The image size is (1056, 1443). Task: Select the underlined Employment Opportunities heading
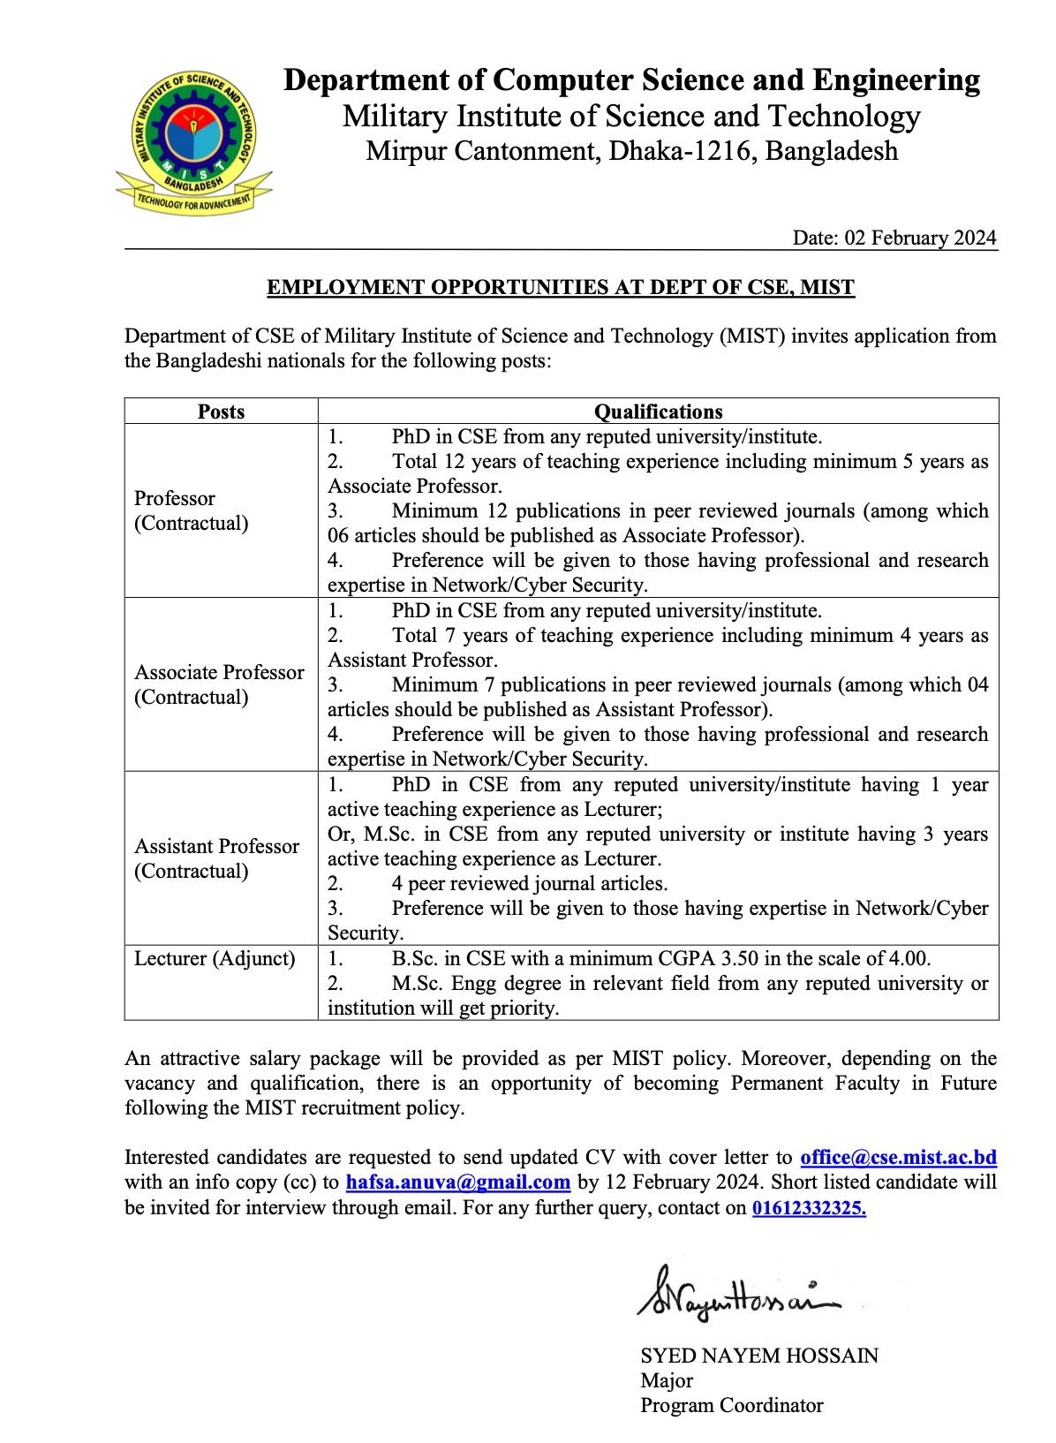(561, 287)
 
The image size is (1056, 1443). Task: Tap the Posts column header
(221, 412)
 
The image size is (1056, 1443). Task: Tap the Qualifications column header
(658, 412)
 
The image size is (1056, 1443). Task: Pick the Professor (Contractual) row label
(191, 510)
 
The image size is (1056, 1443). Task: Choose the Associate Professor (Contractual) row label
(218, 684)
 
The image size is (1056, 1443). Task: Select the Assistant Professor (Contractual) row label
(216, 858)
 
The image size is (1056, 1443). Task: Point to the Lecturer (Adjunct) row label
(215, 958)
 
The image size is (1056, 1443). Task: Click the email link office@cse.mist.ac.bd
(898, 1157)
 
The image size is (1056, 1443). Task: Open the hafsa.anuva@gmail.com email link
(457, 1182)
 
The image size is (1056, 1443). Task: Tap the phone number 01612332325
(809, 1207)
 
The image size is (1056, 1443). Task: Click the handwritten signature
(737, 1295)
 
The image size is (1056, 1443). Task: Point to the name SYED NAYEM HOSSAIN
(759, 1356)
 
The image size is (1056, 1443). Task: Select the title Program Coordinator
(731, 1405)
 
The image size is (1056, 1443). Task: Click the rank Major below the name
(667, 1380)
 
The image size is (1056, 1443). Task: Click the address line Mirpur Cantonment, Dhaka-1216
(631, 151)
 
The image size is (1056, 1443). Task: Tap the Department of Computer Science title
(631, 80)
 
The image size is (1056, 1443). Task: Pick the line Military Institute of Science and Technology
(631, 117)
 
